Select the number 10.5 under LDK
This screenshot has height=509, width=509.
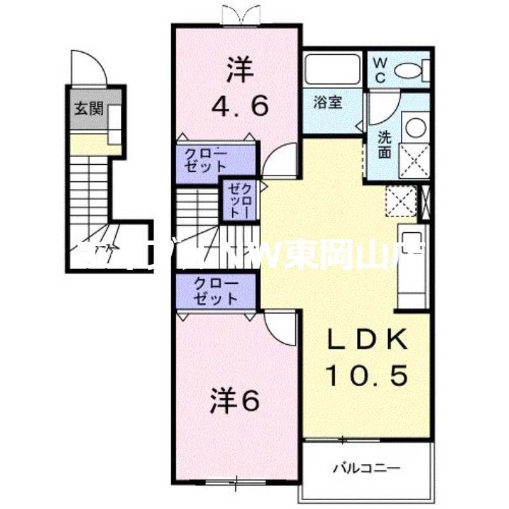pyautogui.click(x=367, y=377)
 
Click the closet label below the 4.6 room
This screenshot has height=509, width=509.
pyautogui.click(x=205, y=160)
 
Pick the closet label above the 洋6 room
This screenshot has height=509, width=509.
pyautogui.click(x=216, y=291)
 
